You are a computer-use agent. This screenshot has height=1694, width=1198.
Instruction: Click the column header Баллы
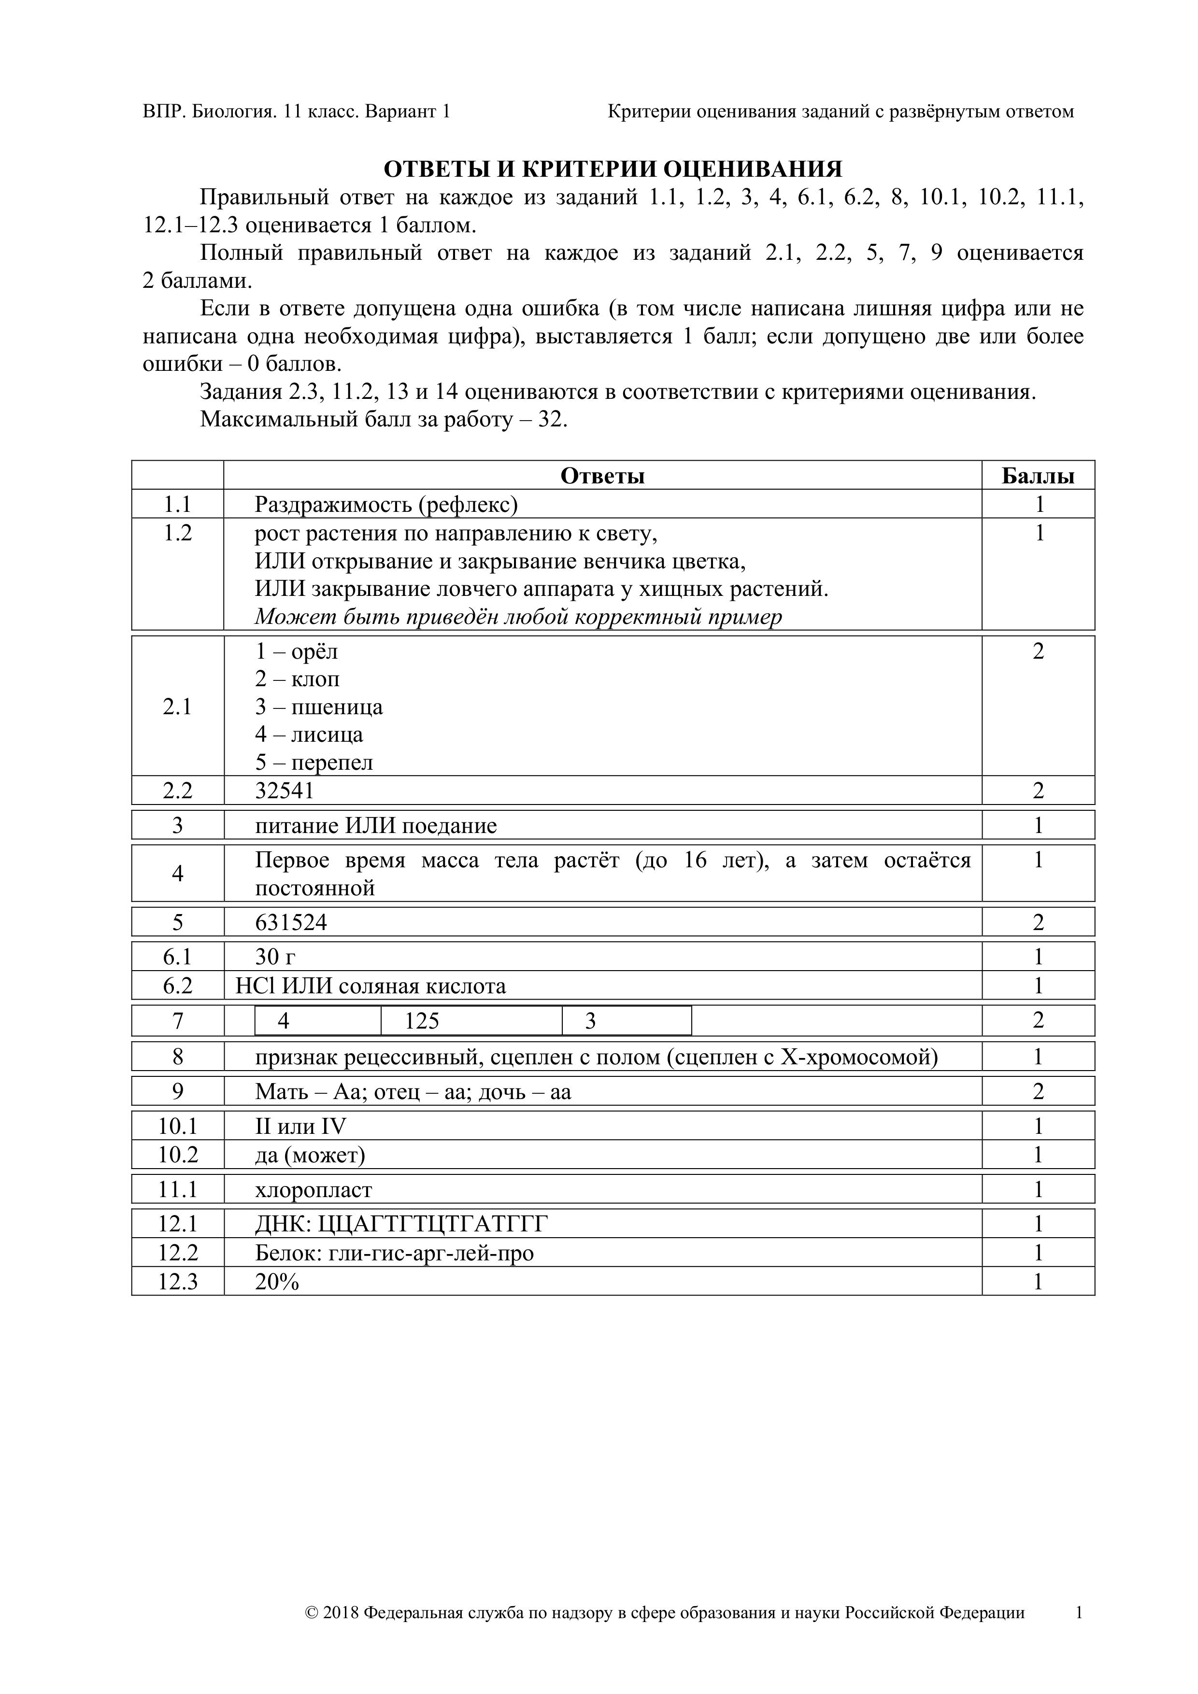1037,476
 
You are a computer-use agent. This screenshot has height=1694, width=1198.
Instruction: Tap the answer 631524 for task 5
291,922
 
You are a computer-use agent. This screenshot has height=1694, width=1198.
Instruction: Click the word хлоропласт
314,1190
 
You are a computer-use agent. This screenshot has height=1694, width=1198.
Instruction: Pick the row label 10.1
178,1127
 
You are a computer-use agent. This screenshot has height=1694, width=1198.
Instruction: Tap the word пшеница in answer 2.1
337,707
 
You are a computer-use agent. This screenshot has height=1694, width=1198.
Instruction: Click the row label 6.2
178,986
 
